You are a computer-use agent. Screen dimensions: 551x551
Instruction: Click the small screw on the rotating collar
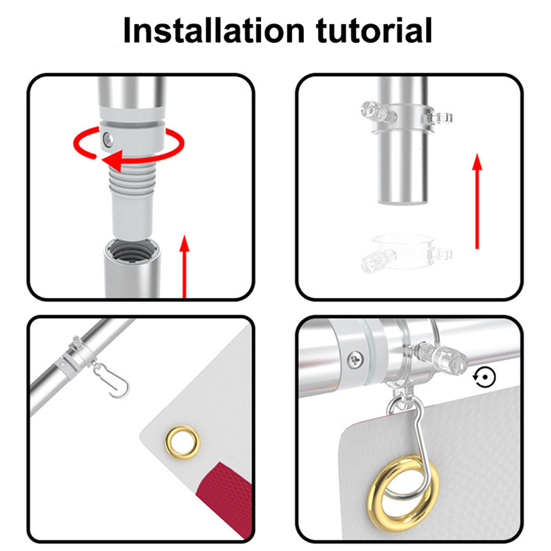108,139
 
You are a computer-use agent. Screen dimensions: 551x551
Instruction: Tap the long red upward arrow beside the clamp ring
477,201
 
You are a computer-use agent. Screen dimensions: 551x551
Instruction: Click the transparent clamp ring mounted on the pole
406,118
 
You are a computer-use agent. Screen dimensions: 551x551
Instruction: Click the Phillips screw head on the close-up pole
355,360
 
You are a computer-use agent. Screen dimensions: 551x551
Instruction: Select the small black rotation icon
485,377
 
